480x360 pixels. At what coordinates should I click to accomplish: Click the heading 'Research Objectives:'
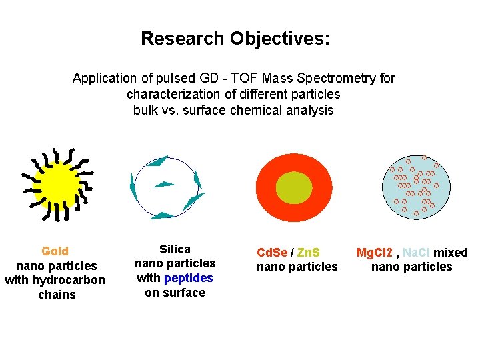235,39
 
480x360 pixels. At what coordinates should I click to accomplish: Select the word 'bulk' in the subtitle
146,111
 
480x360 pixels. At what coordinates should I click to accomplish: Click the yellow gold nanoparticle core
57,185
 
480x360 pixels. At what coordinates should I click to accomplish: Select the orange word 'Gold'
55,251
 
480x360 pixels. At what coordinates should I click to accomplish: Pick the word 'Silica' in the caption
175,249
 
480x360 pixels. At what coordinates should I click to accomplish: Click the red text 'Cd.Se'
272,253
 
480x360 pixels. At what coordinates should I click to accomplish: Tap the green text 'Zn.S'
307,253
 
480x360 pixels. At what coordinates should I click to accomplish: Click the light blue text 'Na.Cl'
417,253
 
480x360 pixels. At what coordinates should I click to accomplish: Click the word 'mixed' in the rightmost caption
451,253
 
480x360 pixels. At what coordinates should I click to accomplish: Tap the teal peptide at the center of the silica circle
164,184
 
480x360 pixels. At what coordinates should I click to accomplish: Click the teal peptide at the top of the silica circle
158,161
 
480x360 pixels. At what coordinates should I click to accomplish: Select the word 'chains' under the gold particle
57,295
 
